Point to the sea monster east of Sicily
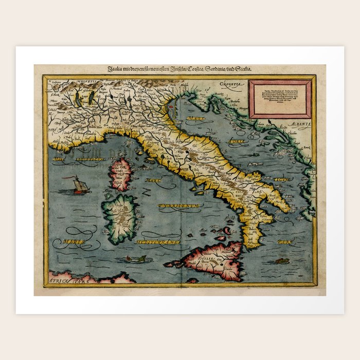[281, 261]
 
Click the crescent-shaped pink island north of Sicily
[221, 238]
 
